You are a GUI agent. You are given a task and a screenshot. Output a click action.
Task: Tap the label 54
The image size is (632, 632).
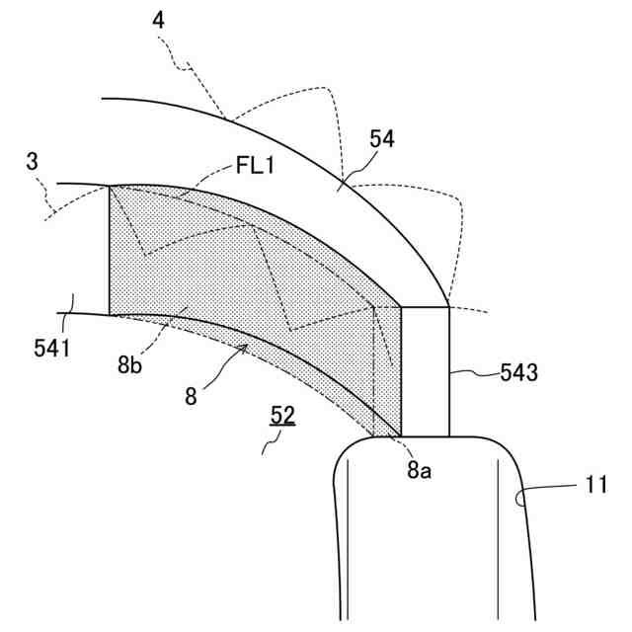click(x=382, y=139)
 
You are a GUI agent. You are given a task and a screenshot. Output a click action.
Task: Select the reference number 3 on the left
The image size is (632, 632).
click(x=33, y=162)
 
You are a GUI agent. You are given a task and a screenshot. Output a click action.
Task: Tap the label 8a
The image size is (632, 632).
click(x=419, y=471)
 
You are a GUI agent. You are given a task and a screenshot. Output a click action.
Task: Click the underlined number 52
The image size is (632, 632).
click(x=283, y=417)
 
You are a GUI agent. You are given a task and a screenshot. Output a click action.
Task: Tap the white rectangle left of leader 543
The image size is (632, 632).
click(x=426, y=370)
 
